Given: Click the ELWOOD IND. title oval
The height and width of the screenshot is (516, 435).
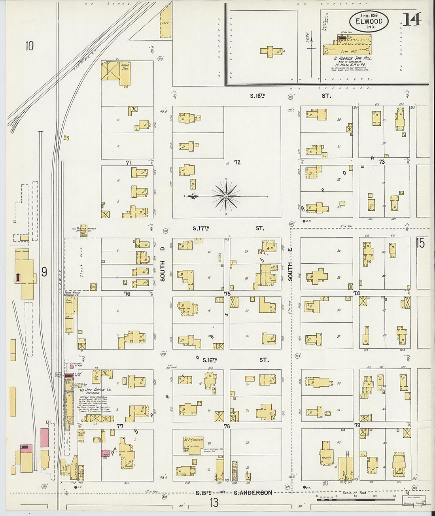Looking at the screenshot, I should [x=369, y=22].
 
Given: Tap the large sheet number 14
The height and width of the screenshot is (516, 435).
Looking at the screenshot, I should [x=412, y=19].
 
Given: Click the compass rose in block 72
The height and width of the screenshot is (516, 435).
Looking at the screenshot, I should [x=226, y=196].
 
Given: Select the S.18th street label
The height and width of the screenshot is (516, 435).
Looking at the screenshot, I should [x=257, y=96].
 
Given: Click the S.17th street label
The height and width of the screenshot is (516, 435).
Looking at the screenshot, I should [x=200, y=228].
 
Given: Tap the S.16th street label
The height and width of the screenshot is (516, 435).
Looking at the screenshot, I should [x=210, y=360].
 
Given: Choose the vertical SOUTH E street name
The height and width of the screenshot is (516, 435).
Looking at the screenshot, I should [x=290, y=271].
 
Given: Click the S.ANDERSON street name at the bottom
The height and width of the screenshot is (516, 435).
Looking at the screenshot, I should [x=253, y=493].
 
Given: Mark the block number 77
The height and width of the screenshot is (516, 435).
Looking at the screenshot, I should [x=120, y=426].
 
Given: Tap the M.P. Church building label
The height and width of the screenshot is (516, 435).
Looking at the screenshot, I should [x=193, y=440].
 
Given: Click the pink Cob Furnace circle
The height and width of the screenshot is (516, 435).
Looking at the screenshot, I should [x=72, y=367].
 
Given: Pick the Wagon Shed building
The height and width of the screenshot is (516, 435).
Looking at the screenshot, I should [x=125, y=66].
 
